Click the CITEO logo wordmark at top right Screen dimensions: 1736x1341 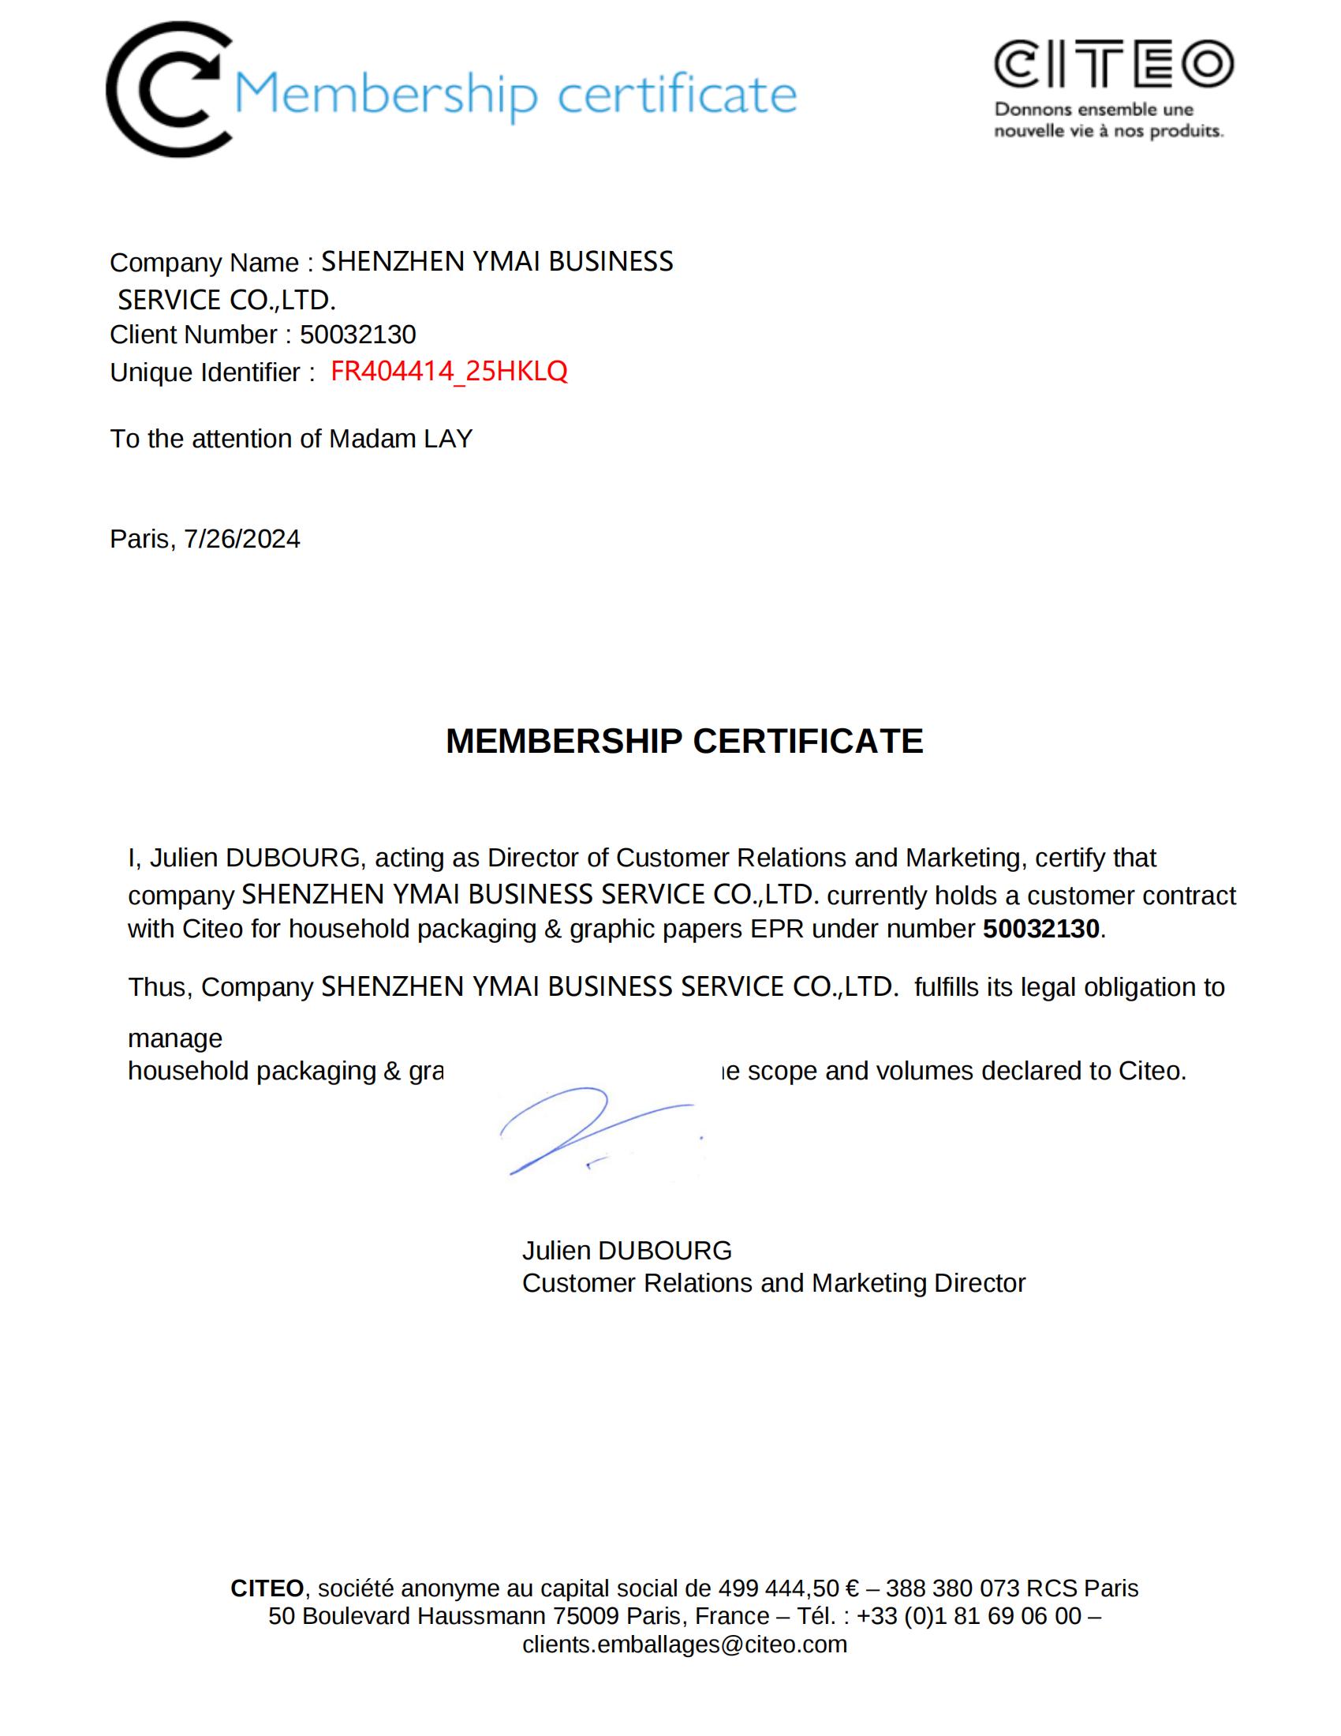tap(1113, 65)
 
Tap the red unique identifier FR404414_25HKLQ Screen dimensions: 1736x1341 tap(449, 371)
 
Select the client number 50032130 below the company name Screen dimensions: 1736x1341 tap(357, 335)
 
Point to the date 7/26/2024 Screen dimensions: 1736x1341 tap(242, 539)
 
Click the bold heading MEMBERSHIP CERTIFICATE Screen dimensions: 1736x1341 tap(684, 741)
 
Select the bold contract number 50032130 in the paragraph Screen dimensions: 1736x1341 tap(1040, 929)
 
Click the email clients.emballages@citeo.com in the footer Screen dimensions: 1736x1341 tap(685, 1644)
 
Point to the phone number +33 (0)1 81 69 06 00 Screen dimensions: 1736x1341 tap(969, 1616)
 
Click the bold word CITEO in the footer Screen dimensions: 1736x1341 tap(267, 1588)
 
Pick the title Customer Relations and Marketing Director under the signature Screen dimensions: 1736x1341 tap(773, 1283)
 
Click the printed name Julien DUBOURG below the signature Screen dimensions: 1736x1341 tap(627, 1251)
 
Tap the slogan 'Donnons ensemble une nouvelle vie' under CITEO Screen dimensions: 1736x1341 tap(1108, 120)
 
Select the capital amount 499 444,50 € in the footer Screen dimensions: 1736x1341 tap(789, 1588)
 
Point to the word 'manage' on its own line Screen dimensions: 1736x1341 tap(176, 1038)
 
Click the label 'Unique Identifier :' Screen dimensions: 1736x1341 tap(212, 372)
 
